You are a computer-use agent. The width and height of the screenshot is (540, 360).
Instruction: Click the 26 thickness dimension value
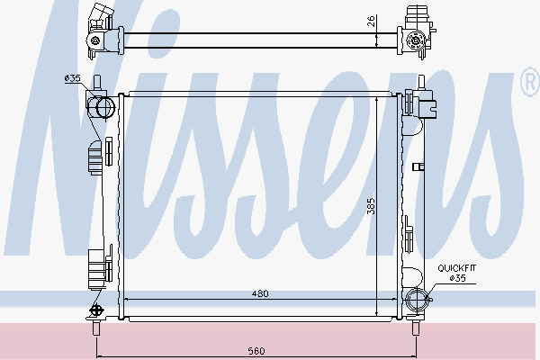click(x=371, y=22)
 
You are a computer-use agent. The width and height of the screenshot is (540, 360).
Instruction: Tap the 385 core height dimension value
click(x=371, y=206)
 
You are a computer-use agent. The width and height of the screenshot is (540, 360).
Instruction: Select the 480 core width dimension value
click(x=260, y=293)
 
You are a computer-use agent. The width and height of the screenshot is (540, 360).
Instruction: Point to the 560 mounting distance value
click(x=256, y=351)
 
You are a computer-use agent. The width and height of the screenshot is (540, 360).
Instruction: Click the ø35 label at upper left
click(x=72, y=78)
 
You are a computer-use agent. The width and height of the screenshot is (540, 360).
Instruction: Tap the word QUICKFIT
click(x=457, y=267)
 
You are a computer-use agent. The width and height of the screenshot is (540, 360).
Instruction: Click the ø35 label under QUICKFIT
click(x=458, y=278)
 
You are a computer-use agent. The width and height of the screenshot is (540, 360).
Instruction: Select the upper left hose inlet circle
click(x=105, y=108)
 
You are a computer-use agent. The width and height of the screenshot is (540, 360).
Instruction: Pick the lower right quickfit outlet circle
click(x=417, y=300)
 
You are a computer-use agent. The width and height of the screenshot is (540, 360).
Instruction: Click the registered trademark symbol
click(x=531, y=82)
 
